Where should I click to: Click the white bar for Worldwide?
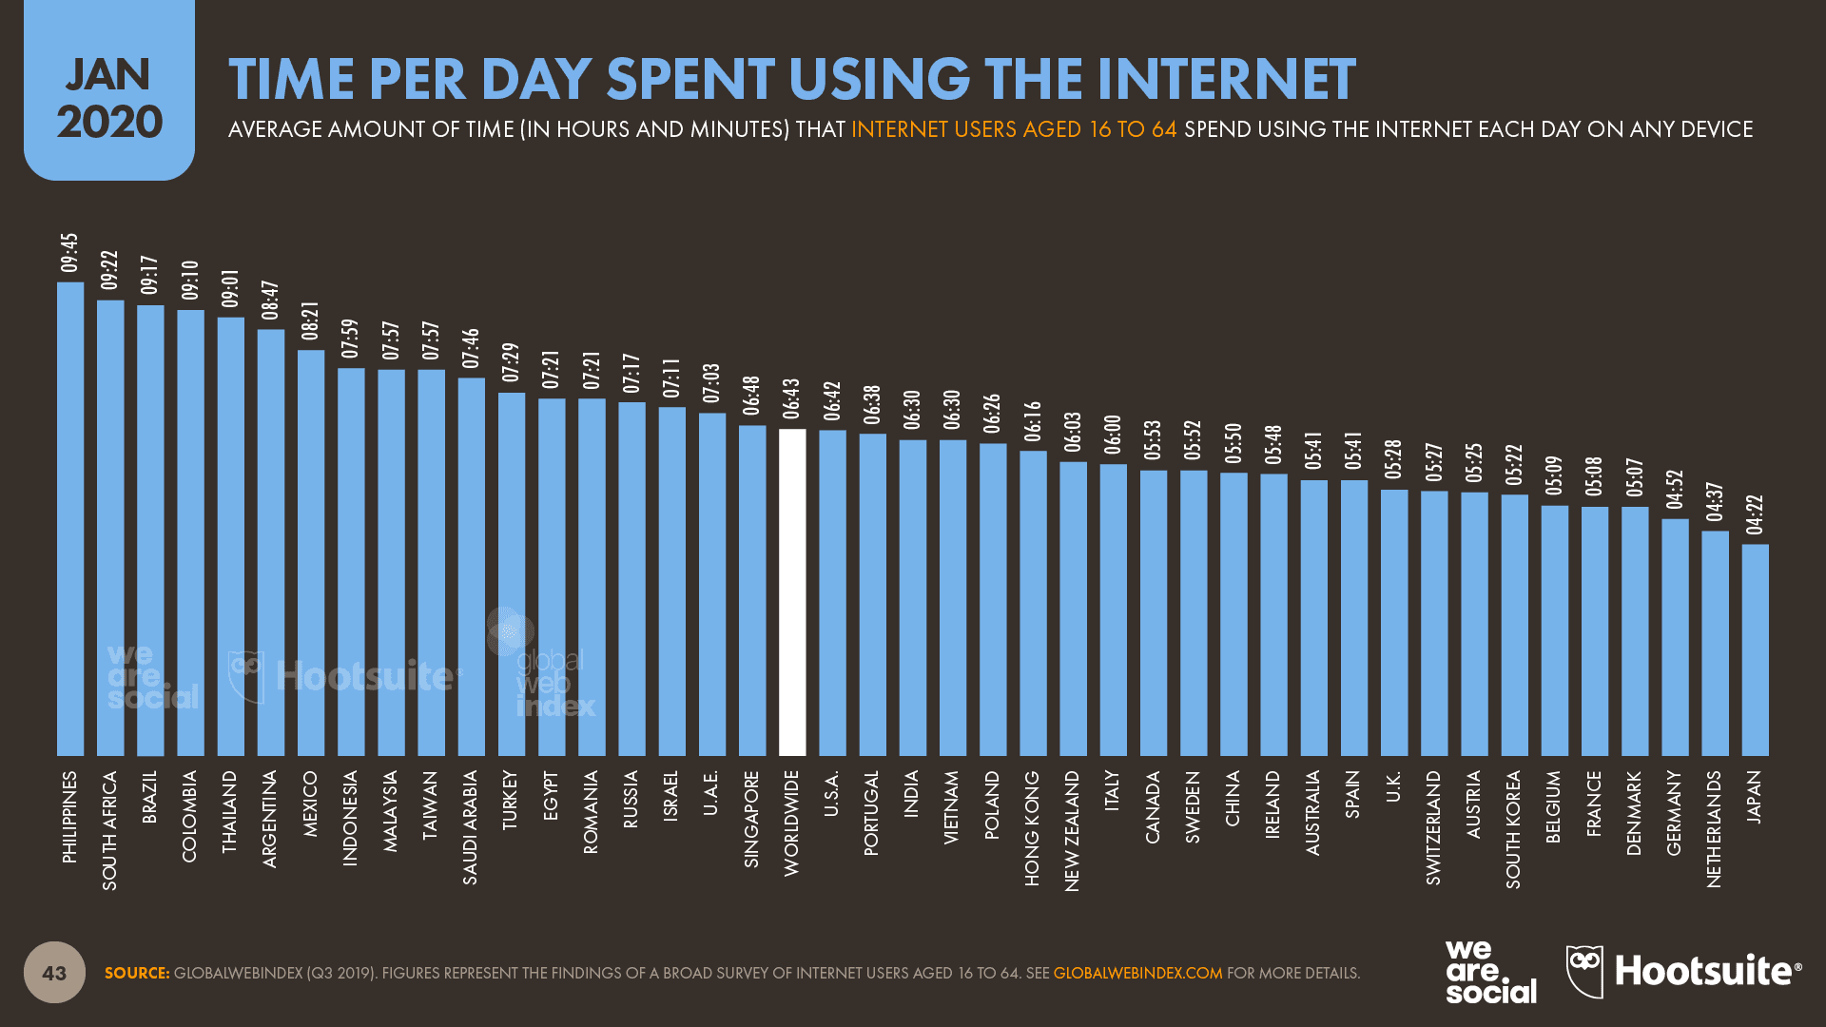point(792,591)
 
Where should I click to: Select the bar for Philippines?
point(70,518)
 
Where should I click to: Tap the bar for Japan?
point(1755,649)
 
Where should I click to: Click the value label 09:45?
point(69,253)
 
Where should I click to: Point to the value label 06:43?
point(791,398)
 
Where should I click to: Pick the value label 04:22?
point(1755,514)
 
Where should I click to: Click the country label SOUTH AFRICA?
point(110,830)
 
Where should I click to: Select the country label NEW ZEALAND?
point(1073,830)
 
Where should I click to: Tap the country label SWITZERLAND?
point(1433,827)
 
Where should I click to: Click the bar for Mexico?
point(311,552)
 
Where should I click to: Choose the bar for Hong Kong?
point(1033,603)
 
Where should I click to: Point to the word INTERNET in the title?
point(1226,79)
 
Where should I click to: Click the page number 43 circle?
point(54,972)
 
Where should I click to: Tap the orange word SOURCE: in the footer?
point(137,973)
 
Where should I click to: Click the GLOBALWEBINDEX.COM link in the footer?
point(1137,973)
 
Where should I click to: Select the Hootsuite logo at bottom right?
point(1683,971)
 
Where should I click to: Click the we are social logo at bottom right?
point(1489,971)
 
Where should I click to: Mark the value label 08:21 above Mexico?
point(311,321)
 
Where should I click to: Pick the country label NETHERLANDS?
point(1714,829)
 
